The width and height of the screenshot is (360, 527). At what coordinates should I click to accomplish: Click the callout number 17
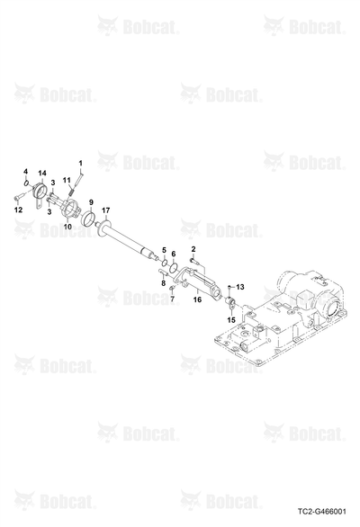pos(105,210)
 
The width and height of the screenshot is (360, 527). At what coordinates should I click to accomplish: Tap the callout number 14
pos(42,174)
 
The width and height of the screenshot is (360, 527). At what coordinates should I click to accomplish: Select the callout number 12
pos(18,210)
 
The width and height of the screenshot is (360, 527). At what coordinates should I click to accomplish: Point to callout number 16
pos(197,299)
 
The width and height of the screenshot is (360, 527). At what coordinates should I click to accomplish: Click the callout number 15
pos(232,319)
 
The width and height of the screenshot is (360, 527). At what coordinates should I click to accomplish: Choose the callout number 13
pos(240,287)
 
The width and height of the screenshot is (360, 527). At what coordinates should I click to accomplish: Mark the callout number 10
pos(67,227)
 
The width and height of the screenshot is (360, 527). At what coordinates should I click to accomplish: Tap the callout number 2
pos(193,249)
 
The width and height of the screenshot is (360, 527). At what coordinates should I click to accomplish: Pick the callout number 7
pos(172,299)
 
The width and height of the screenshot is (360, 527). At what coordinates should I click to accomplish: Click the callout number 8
pos(164,283)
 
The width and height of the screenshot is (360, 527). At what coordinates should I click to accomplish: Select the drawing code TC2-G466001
pos(321,512)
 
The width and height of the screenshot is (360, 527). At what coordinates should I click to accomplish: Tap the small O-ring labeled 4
pos(26,183)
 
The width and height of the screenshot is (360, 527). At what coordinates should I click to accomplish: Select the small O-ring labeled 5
pos(165,263)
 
